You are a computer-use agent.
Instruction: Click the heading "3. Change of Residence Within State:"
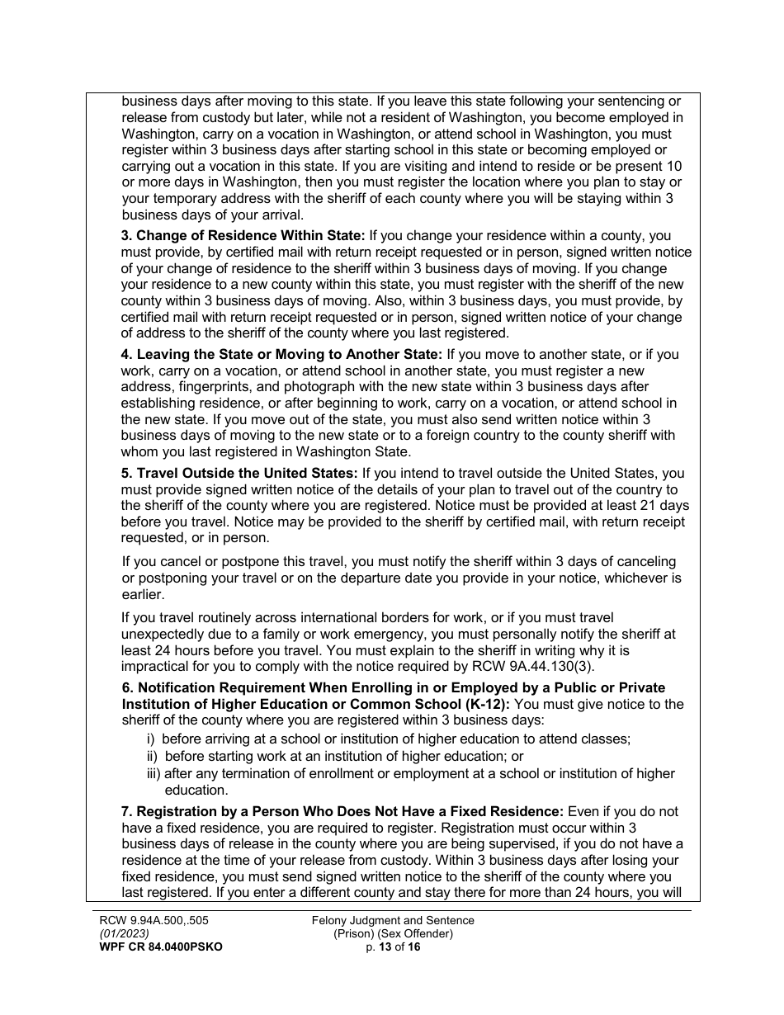(243, 235)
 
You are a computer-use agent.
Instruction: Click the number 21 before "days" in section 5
(638, 505)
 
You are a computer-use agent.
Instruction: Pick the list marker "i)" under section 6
(152, 739)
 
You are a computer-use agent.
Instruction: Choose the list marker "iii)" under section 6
(153, 773)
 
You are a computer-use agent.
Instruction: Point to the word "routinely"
(213, 617)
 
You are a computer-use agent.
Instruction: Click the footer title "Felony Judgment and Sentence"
(393, 920)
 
